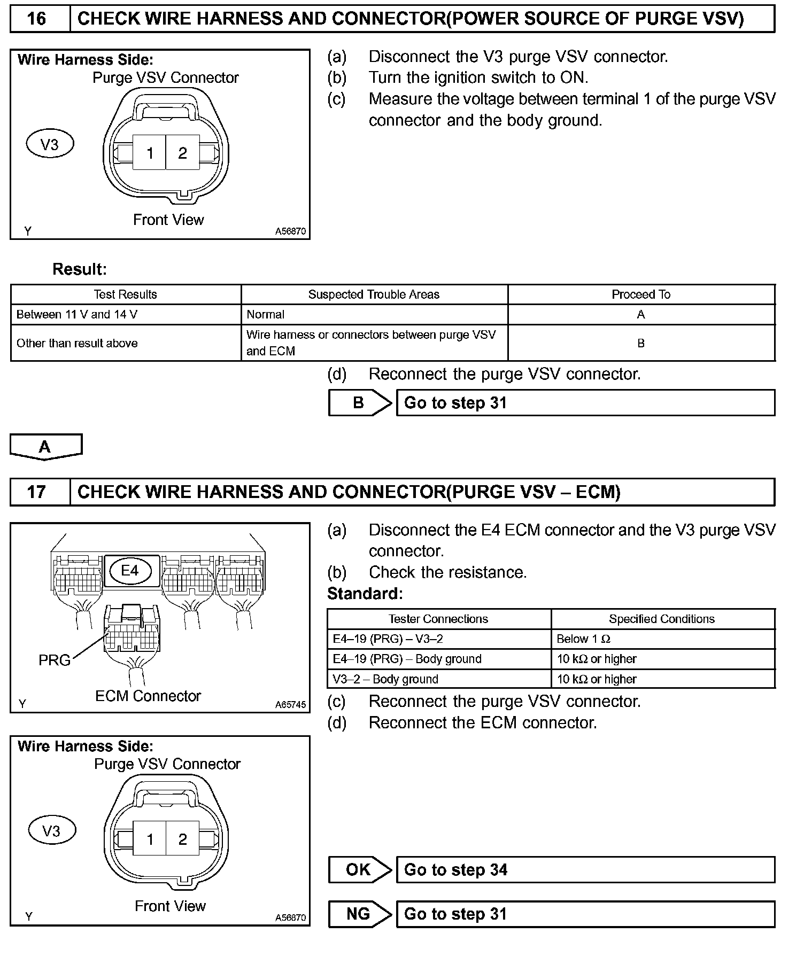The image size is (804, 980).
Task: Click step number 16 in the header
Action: tap(36, 19)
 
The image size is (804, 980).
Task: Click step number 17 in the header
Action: tap(36, 492)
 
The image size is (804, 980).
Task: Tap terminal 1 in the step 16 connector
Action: tap(150, 153)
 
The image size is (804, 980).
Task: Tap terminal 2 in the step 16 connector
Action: tap(183, 153)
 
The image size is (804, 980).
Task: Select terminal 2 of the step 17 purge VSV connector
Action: tap(183, 839)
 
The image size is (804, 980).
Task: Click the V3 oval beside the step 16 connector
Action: tap(50, 144)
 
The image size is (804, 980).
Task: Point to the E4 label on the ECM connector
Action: tap(130, 571)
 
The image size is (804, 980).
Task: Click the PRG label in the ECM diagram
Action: tap(55, 660)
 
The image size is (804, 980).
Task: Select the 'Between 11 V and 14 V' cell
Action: tap(77, 315)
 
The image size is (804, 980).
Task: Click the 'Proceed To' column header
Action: tap(641, 294)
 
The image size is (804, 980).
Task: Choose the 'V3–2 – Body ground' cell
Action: tap(385, 679)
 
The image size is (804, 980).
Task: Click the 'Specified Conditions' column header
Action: tap(662, 619)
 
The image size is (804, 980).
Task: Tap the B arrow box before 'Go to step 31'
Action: tap(359, 403)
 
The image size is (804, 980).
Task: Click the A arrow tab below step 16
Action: tap(45, 446)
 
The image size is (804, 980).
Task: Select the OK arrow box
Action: tap(359, 870)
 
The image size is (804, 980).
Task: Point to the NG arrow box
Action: tap(359, 914)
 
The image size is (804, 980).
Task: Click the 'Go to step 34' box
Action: tap(585, 870)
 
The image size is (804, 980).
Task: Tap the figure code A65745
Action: tap(290, 704)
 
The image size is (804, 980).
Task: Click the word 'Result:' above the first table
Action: tap(80, 269)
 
